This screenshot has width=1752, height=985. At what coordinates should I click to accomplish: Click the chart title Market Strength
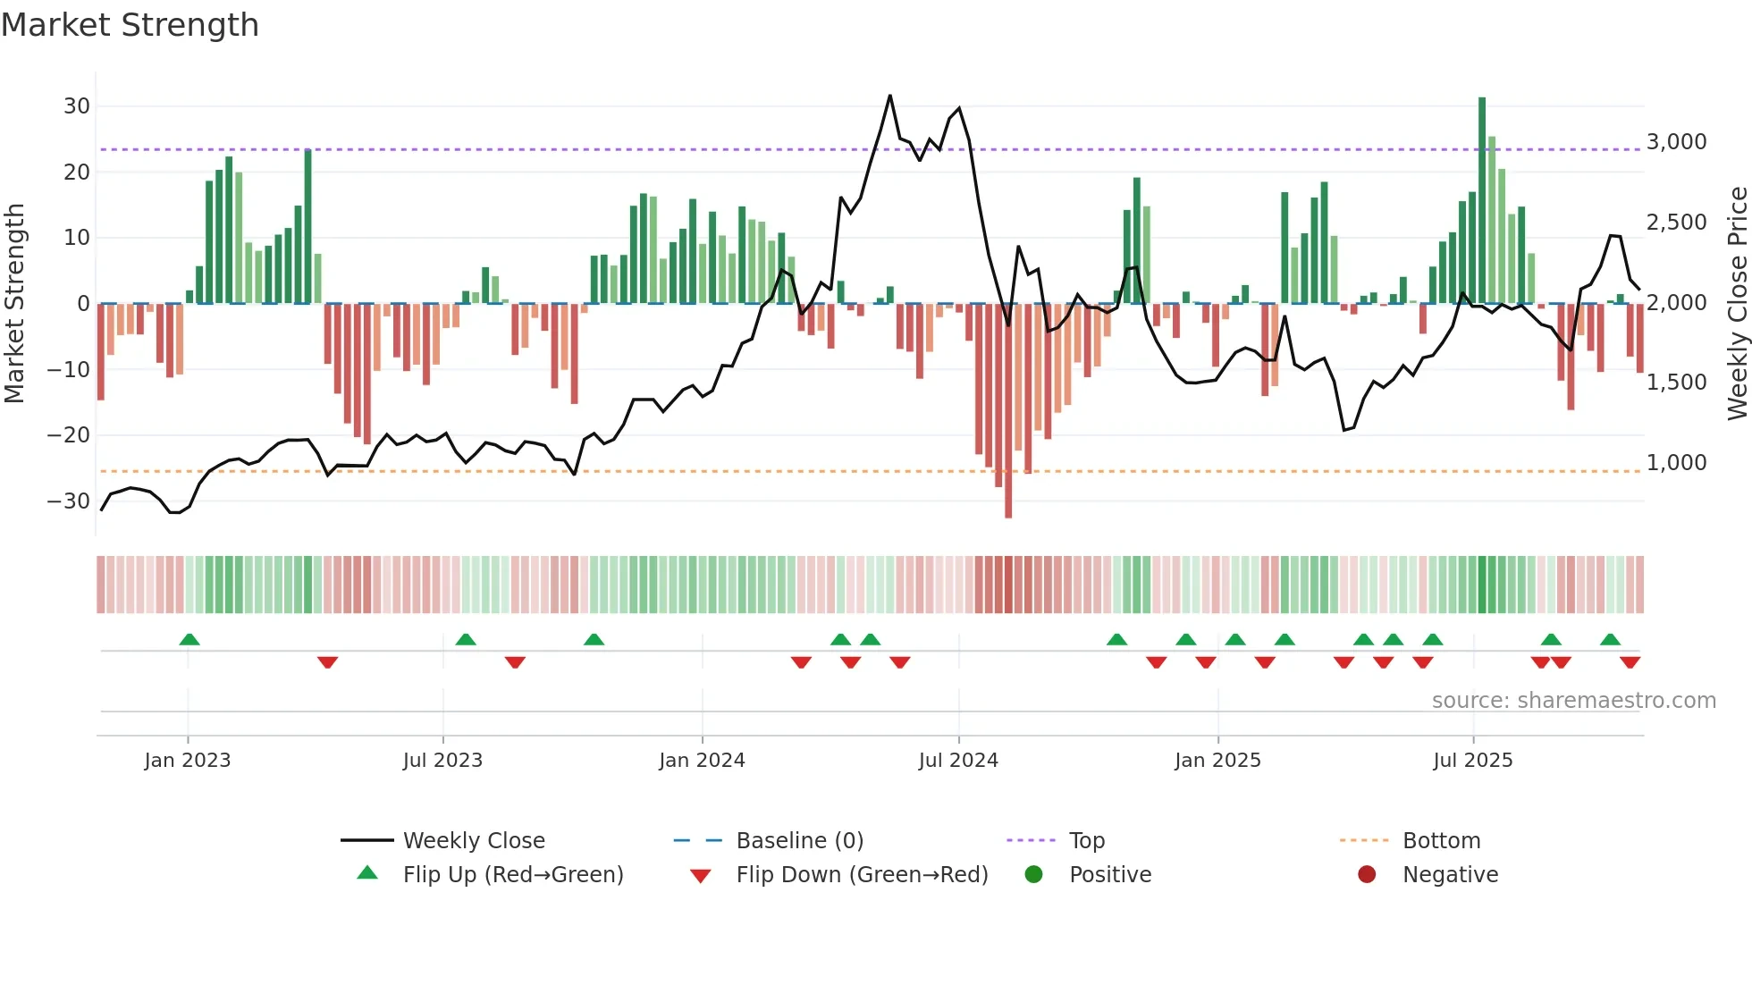130,25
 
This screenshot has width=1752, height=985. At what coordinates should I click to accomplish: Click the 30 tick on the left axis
77,106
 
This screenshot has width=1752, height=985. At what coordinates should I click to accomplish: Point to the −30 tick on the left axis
69,501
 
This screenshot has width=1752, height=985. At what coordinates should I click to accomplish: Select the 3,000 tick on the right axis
1676,142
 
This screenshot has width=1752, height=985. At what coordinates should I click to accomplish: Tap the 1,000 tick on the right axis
1676,463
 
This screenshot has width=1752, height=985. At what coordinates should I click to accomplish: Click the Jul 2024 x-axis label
958,761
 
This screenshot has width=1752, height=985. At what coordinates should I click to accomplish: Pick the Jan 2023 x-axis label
188,761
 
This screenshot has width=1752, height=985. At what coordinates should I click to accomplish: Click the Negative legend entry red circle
1367,875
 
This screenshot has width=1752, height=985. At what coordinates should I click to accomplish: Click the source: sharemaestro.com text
1573,701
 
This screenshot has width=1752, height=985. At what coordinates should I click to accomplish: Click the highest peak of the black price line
890,97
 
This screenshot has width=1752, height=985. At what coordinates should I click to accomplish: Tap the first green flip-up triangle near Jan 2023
190,639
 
